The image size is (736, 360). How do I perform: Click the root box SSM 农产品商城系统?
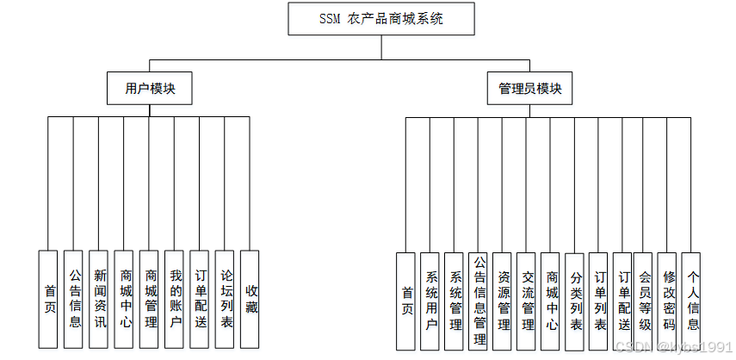(380, 19)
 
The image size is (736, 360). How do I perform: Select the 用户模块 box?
(150, 89)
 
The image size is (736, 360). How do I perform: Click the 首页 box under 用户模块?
(50, 300)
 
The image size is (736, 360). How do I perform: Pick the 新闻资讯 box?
(100, 300)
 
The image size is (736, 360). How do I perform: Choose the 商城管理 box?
(150, 300)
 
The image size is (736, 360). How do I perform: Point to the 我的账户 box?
(175, 300)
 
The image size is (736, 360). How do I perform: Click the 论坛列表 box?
(225, 300)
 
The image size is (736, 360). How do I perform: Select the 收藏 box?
(250, 300)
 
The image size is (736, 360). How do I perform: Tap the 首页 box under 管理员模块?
(406, 301)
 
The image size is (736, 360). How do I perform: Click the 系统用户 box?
(430, 301)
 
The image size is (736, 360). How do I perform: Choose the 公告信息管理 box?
(479, 301)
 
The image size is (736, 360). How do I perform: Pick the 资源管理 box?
(504, 301)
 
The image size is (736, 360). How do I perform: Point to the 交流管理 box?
(528, 301)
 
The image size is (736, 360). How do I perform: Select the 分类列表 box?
(576, 301)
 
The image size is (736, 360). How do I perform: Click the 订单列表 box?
(600, 301)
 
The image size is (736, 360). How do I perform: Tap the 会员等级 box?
(644, 301)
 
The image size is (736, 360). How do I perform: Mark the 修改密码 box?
(669, 301)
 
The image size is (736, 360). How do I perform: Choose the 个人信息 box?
(692, 301)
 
